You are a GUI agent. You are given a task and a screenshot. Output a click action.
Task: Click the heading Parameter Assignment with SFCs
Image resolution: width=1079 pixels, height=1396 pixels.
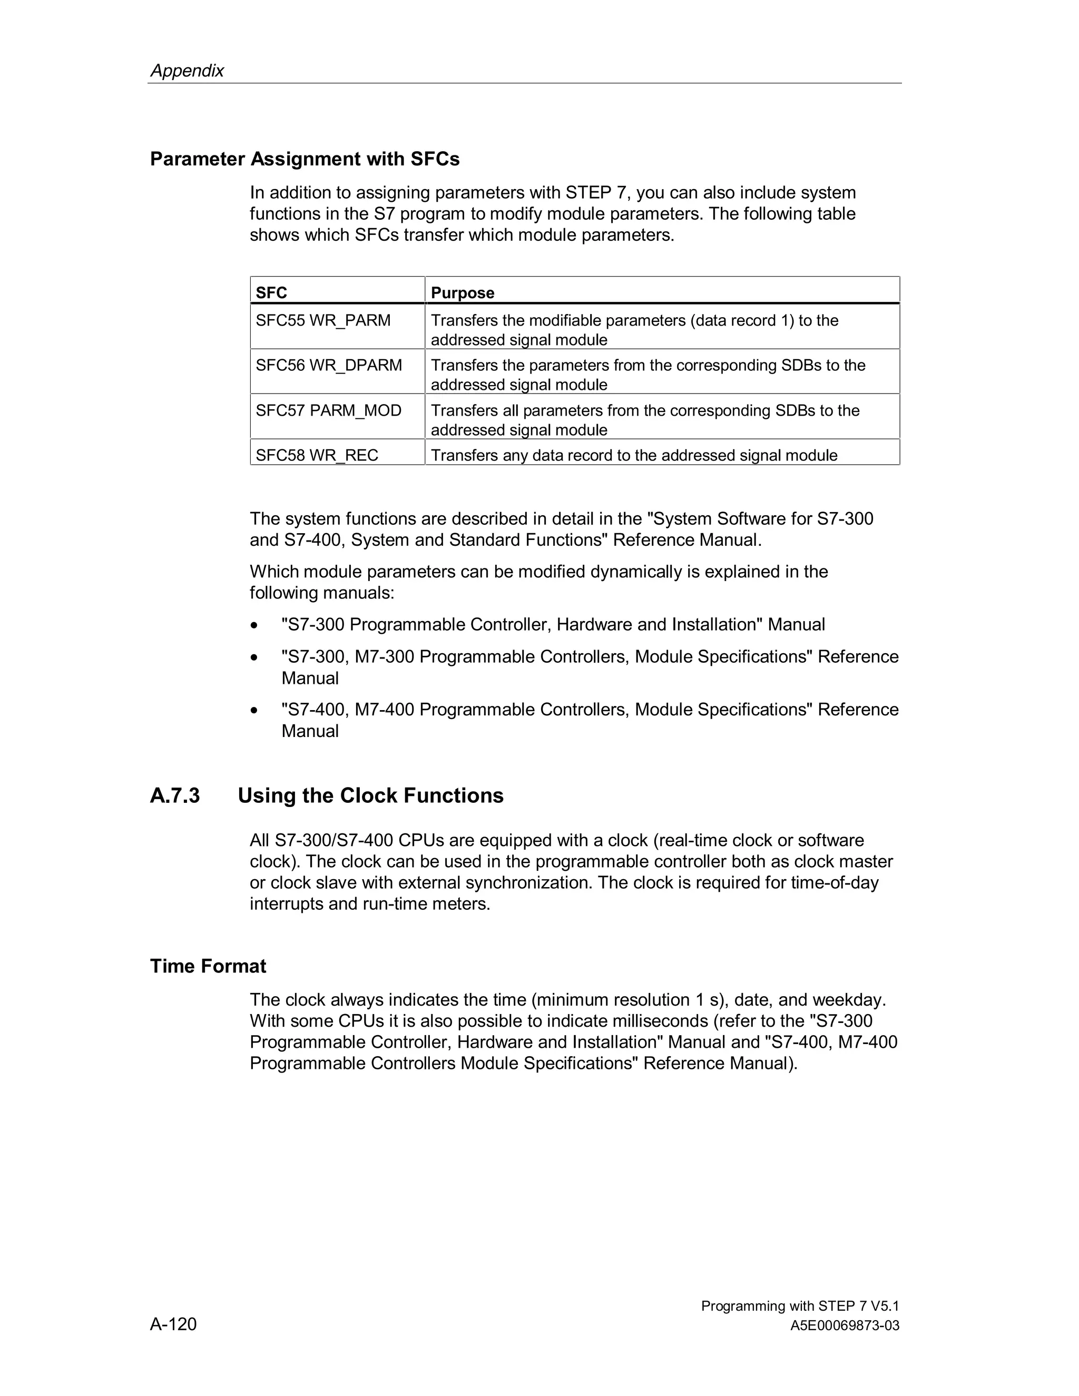[305, 159]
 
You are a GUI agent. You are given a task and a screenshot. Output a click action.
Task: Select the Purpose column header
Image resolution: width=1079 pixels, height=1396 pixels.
[462, 293]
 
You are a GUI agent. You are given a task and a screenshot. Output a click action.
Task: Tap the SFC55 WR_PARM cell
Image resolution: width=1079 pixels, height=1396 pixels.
[323, 320]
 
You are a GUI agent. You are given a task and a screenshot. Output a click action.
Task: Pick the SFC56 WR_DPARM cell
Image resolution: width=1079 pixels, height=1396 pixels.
[329, 365]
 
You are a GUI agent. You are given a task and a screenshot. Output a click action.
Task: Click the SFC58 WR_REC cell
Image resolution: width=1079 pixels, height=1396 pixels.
[317, 455]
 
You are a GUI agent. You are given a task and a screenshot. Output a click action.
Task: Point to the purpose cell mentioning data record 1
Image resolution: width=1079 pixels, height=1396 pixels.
[634, 329]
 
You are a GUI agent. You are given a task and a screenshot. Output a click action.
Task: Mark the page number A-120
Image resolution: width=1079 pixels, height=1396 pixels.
[173, 1324]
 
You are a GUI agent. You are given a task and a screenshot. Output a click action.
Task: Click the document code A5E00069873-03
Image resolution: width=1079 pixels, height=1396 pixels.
[845, 1326]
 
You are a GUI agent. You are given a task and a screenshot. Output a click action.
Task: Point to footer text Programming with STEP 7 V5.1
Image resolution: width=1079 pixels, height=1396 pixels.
[800, 1306]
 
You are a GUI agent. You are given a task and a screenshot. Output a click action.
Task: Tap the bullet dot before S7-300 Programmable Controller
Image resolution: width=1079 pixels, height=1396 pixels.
[255, 625]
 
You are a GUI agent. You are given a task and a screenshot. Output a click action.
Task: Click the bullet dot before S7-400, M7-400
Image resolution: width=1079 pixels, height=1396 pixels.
[255, 710]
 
